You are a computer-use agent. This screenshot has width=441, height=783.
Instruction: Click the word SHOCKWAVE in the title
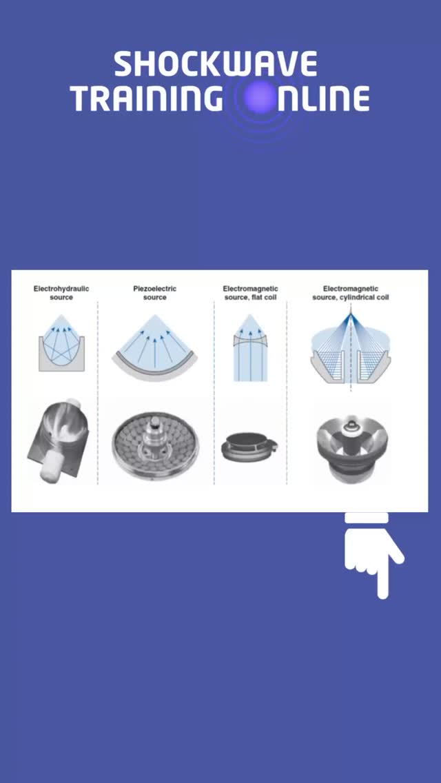[216, 64]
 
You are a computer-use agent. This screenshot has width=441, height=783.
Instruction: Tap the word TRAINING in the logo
[147, 99]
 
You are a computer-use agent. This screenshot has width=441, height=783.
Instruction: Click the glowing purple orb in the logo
[260, 98]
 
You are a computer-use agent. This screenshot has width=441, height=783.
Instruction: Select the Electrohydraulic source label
[61, 293]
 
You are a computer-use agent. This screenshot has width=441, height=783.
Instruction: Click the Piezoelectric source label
[155, 293]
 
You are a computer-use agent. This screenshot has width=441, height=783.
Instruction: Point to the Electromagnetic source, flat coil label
[250, 293]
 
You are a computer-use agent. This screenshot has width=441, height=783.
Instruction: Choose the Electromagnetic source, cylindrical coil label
[351, 293]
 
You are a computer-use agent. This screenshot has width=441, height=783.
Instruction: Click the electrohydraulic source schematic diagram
[61, 343]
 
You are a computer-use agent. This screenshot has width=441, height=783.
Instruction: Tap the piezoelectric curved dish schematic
[155, 347]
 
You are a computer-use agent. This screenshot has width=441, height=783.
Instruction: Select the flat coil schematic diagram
[250, 348]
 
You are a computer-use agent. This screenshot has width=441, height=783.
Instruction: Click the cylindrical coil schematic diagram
[351, 349]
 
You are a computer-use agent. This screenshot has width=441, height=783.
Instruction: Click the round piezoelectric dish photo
[155, 445]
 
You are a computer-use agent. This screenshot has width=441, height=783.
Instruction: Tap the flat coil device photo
[249, 447]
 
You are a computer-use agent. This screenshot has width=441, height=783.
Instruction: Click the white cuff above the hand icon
[367, 518]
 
